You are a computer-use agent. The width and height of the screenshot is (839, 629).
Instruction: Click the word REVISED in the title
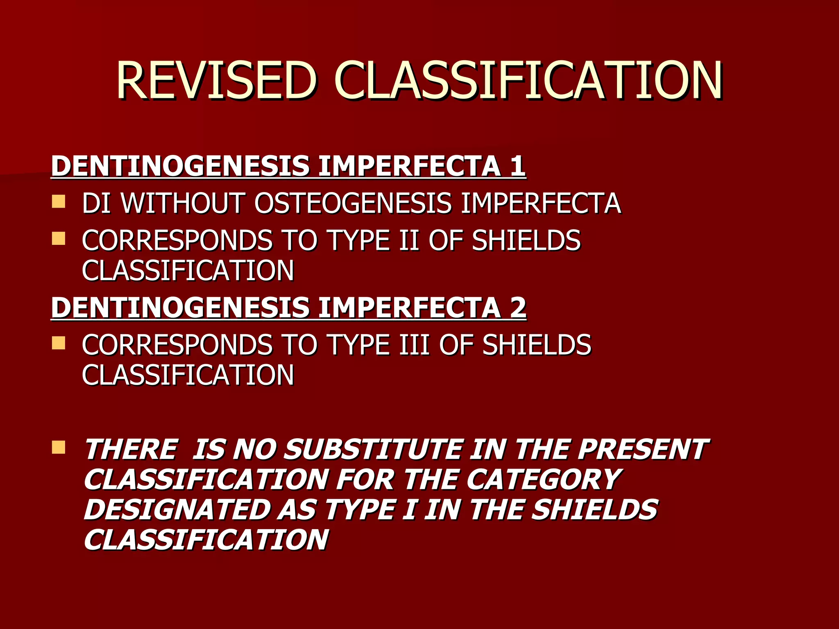click(217, 81)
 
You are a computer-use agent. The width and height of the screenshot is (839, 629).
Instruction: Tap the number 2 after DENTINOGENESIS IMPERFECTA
click(518, 308)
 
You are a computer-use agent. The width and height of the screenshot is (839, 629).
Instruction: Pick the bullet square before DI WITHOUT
click(59, 201)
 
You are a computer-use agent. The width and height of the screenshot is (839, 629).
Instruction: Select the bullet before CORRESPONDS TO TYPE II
click(59, 238)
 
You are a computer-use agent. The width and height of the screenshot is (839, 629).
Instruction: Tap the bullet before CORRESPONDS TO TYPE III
click(59, 343)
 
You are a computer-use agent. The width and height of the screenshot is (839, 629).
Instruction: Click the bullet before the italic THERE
click(59, 447)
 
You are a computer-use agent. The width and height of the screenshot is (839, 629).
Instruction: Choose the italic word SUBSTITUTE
click(373, 449)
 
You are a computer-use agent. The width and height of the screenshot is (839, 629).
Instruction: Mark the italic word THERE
click(131, 449)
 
